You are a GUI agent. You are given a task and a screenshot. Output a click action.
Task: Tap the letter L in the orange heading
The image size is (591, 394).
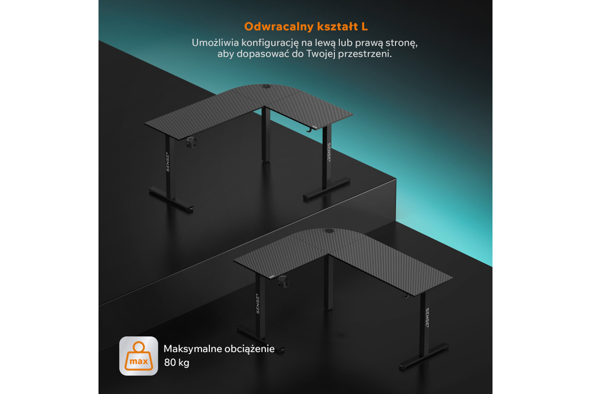coord(364,27)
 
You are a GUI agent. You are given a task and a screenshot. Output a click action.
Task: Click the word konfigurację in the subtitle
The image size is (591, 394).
coord(270,43)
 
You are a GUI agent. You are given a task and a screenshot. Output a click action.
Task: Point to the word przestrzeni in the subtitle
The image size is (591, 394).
coord(365,54)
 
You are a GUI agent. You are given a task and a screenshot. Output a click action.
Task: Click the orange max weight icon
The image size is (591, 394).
coord(139,356)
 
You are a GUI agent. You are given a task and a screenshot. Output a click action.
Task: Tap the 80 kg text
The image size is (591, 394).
coord(176,362)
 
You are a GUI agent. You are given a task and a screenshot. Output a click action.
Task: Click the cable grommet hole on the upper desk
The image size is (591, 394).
coord(265,86)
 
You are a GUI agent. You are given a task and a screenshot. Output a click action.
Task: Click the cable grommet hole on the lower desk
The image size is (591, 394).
coord(329,231)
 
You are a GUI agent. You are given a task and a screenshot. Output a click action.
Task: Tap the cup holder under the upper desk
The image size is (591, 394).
coord(191,142)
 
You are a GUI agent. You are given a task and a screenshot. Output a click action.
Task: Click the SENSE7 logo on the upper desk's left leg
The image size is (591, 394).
coord(167,162)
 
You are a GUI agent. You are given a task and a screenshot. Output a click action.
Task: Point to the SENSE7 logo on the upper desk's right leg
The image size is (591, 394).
coord(329,152)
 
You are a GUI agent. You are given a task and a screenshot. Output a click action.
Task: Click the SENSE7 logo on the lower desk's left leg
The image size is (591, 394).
coord(258,303)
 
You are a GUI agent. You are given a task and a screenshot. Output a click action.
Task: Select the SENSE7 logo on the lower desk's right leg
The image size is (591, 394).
coord(427,318)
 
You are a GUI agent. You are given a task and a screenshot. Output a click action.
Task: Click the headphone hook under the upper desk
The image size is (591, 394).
coord(309,129)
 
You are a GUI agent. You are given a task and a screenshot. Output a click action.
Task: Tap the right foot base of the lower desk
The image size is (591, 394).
coord(424,357)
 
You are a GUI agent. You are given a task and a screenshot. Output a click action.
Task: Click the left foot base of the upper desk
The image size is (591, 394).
coord(171,199)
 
